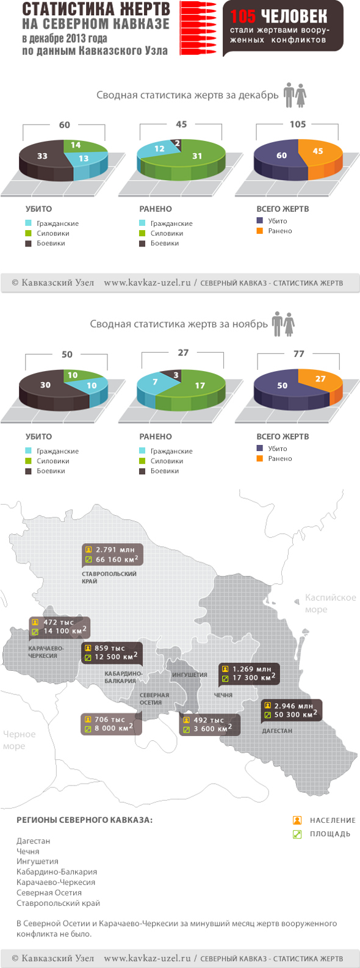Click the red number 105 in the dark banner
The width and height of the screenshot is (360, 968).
tap(243, 16)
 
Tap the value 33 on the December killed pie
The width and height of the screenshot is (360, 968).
tap(42, 156)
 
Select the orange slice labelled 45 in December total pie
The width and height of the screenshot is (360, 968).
tap(318, 151)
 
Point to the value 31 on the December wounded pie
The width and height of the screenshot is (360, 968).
tap(196, 156)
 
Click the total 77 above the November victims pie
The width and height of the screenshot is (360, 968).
tap(298, 353)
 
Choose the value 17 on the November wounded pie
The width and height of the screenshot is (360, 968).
tap(200, 385)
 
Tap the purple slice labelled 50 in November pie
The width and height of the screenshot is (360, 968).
tap(282, 385)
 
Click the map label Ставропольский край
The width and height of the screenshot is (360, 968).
tap(109, 577)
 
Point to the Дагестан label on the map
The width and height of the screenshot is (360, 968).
tap(277, 731)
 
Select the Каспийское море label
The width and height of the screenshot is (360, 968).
tap(330, 603)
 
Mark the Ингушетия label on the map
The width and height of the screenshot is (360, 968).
tap(189, 675)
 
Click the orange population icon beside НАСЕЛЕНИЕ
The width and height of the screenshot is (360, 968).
tap(297, 820)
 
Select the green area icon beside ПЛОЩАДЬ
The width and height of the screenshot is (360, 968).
tap(297, 834)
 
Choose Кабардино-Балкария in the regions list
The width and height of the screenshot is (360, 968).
tap(57, 872)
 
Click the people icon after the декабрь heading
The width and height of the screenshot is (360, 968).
tap(295, 96)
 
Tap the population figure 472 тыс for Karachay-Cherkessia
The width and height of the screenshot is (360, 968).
tap(58, 623)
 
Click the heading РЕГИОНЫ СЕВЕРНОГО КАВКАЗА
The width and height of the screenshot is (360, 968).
tap(84, 820)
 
